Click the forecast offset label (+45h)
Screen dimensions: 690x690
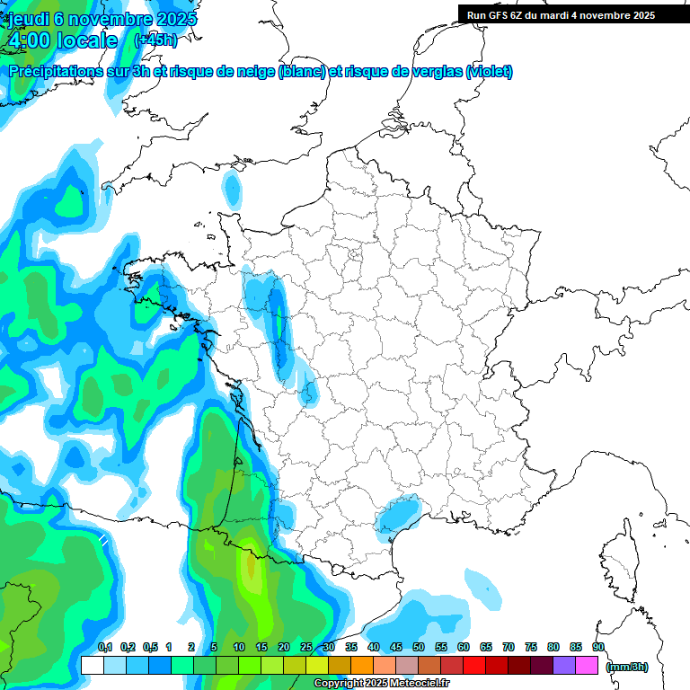click(x=155, y=40)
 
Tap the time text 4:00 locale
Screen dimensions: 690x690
click(x=62, y=40)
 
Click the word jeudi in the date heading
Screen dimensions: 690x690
click(x=28, y=19)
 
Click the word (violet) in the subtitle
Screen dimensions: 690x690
click(x=490, y=72)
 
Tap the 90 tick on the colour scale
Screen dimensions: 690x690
click(x=598, y=648)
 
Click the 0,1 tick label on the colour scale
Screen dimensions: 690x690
click(x=104, y=648)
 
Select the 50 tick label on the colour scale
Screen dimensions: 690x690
click(x=419, y=648)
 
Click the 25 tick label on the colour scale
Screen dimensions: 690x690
click(x=306, y=648)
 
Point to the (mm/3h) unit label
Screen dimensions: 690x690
click(x=626, y=666)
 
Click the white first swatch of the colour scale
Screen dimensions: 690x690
click(x=92, y=666)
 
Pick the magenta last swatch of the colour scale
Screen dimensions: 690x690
click(x=587, y=666)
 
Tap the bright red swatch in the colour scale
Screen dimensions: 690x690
click(x=474, y=666)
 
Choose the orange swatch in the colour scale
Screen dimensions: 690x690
click(x=362, y=666)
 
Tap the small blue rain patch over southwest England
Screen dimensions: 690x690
click(x=233, y=189)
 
